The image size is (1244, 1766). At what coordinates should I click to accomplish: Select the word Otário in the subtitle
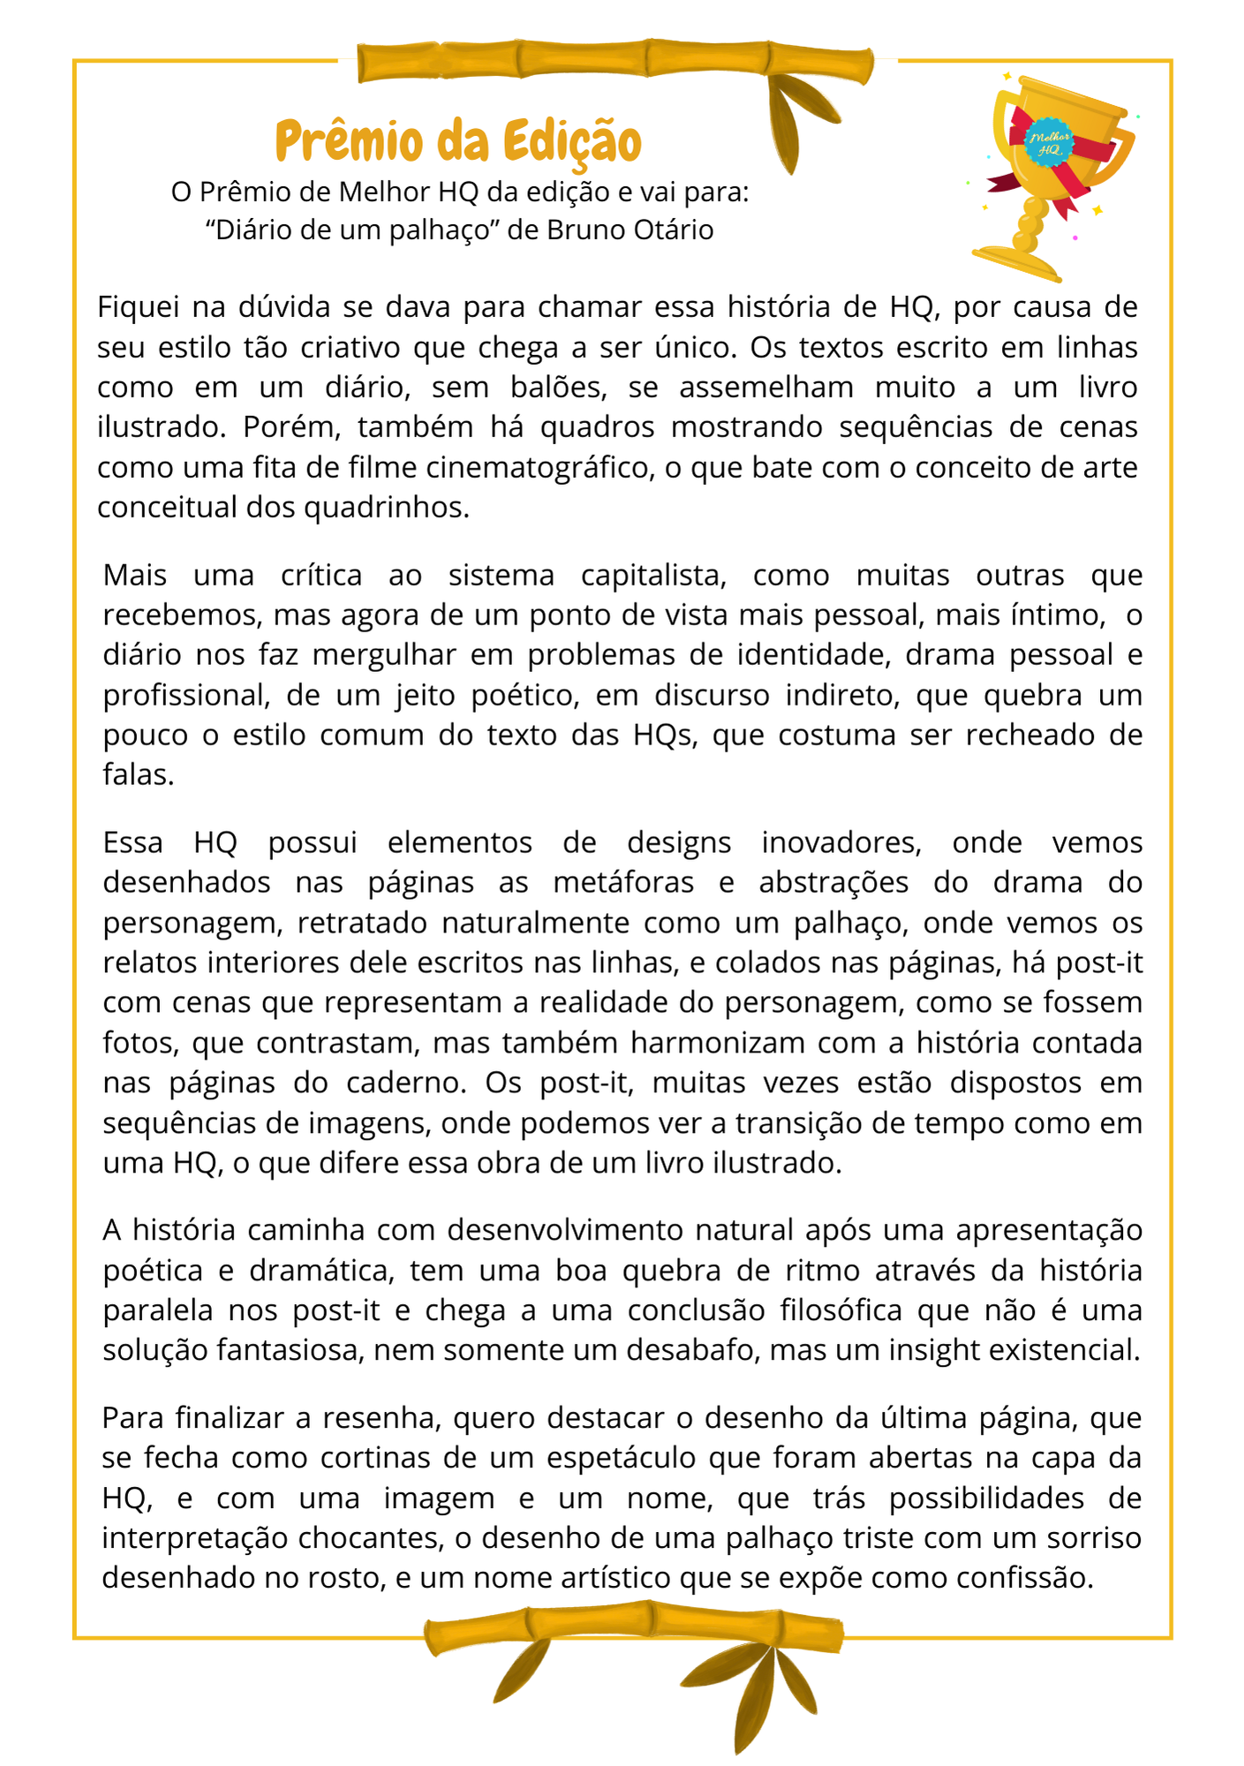[674, 230]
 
